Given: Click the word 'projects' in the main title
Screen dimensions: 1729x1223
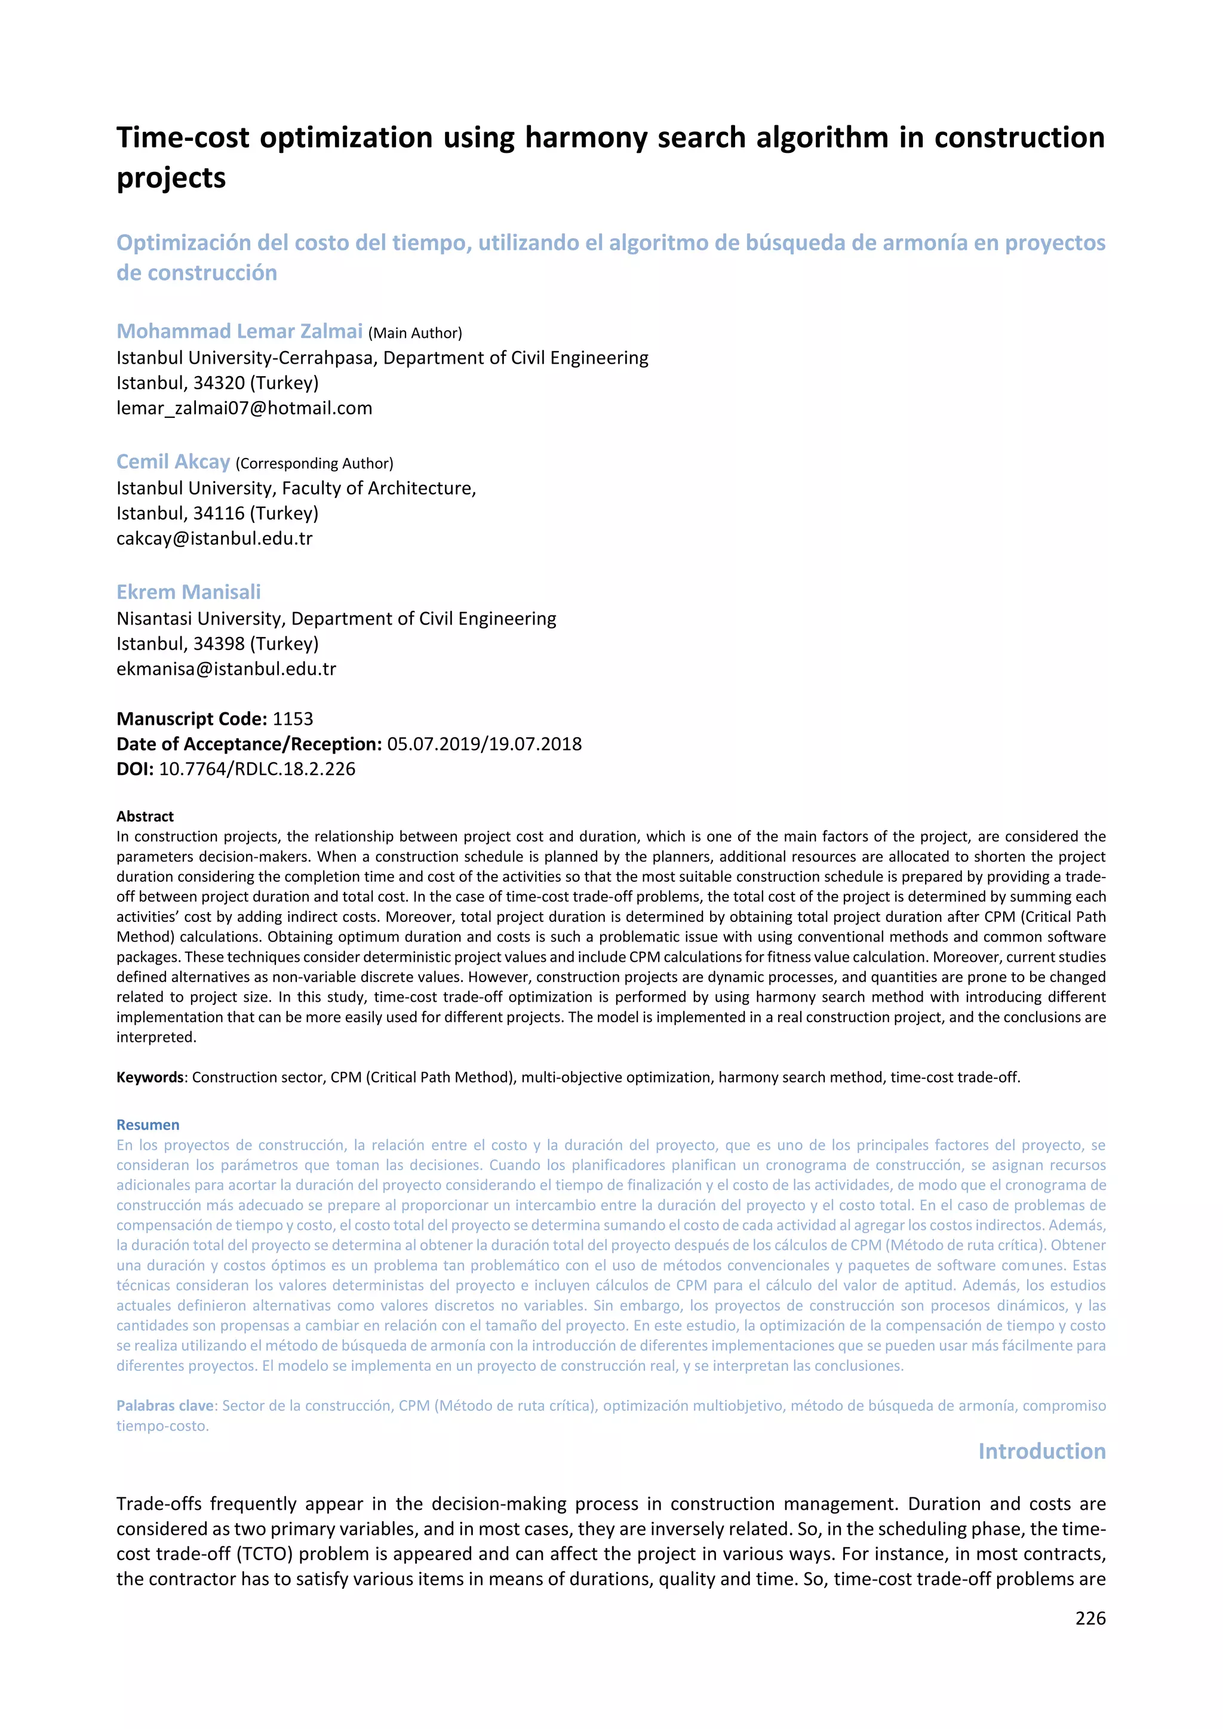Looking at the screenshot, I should pyautogui.click(x=171, y=179).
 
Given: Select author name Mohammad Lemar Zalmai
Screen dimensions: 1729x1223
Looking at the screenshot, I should pyautogui.click(x=239, y=331).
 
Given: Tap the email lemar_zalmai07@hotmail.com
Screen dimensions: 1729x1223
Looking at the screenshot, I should pyautogui.click(x=244, y=408).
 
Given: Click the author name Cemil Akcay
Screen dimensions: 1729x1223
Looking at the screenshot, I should pyautogui.click(x=173, y=462).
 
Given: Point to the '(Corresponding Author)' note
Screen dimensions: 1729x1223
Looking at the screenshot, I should pyautogui.click(x=314, y=463).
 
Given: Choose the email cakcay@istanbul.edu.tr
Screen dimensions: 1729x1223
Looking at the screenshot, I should pyautogui.click(x=214, y=539).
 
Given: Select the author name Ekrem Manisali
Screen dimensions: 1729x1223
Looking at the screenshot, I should pyautogui.click(x=188, y=592).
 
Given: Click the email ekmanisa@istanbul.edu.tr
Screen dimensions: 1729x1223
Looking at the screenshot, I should pyautogui.click(x=226, y=669).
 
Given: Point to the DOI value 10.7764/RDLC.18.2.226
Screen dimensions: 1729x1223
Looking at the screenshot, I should pyautogui.click(x=257, y=769).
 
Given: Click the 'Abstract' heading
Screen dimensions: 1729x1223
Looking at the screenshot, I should pyautogui.click(x=145, y=816).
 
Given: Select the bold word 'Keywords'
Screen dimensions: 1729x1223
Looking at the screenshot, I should pyautogui.click(x=150, y=1077).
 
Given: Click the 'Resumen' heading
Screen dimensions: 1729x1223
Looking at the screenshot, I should pyautogui.click(x=148, y=1125).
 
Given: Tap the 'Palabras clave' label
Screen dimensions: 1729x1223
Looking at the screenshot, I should pyautogui.click(x=165, y=1405).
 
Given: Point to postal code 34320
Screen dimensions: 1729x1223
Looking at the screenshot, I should pyautogui.click(x=219, y=383).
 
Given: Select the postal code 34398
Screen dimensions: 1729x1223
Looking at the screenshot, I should pyautogui.click(x=219, y=644).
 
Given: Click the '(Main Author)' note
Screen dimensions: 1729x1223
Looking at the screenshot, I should pyautogui.click(x=415, y=333).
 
